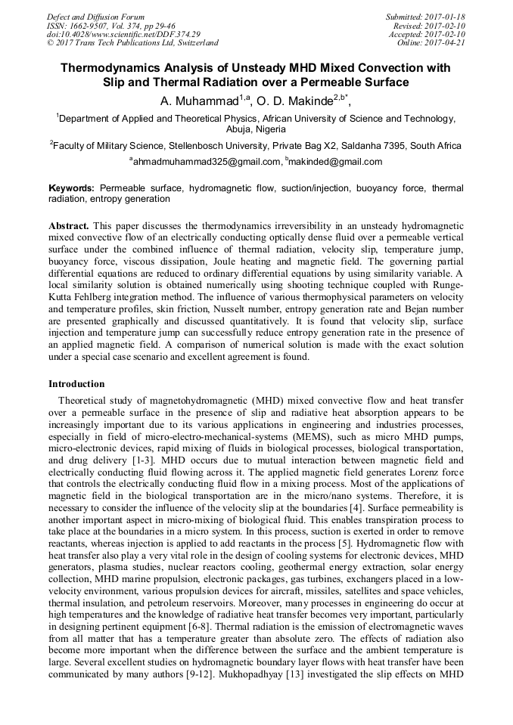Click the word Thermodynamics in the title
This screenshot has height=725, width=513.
114,68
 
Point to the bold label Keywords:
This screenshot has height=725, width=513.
72,187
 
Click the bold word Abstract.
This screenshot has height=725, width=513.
69,226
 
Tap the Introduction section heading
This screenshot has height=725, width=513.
76,383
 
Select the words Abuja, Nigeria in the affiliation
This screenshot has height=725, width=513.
256,129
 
